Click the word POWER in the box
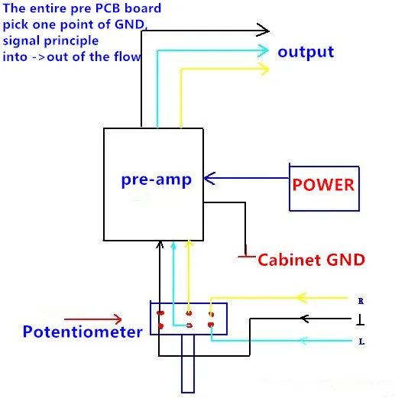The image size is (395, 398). click(x=323, y=185)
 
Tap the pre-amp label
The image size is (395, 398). click(x=157, y=180)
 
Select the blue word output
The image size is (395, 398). click(x=306, y=52)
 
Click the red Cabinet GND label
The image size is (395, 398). click(x=312, y=260)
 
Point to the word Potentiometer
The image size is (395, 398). click(x=83, y=332)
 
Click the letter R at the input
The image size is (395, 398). click(x=361, y=301)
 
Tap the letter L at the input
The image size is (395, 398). click(x=361, y=341)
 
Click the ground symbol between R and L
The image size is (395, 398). click(x=360, y=320)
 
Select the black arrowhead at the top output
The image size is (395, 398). click(x=263, y=31)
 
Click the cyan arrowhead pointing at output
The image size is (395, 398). click(x=263, y=50)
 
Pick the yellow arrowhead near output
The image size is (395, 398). click(x=264, y=69)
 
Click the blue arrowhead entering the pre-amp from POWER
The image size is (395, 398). click(x=209, y=178)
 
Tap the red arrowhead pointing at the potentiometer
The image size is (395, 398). click(x=117, y=319)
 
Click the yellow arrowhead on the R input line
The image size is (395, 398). click(x=301, y=298)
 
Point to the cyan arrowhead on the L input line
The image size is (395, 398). click(x=303, y=341)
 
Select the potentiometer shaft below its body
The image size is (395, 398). click(x=188, y=364)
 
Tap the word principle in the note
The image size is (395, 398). click(x=71, y=41)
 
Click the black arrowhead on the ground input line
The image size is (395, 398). click(x=304, y=319)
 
